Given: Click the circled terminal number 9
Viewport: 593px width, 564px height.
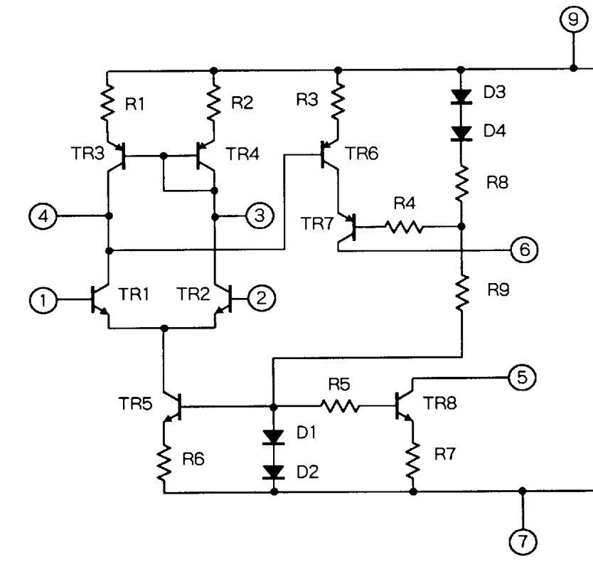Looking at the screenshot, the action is [573, 20].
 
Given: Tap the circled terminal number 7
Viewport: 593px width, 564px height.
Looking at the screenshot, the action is [523, 541].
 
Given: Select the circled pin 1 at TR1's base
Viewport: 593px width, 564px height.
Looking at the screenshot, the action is [43, 300].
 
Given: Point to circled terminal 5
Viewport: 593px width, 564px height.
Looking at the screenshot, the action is [522, 378].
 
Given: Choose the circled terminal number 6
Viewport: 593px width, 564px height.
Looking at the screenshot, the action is [525, 250].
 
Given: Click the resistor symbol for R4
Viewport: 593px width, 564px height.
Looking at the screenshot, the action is [404, 227].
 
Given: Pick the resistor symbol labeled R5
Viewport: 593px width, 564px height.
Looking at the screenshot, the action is [340, 407].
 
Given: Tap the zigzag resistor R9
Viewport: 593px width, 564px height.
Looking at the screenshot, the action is [461, 294].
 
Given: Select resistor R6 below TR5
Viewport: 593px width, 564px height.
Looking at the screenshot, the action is [164, 464].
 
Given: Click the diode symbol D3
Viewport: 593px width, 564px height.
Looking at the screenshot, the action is [461, 97].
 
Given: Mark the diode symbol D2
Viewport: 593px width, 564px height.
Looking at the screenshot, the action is [274, 472].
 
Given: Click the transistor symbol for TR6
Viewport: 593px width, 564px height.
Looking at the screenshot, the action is [330, 154].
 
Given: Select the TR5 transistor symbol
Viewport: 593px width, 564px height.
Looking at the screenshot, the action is [173, 407].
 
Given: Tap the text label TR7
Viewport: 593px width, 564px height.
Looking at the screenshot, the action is [317, 223].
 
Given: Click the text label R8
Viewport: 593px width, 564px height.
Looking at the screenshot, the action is [497, 183].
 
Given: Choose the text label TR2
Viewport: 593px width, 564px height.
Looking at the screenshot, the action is [193, 294].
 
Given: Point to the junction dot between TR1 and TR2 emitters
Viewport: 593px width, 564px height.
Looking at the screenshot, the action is [164, 328].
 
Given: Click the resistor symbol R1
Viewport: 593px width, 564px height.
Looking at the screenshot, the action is [107, 103].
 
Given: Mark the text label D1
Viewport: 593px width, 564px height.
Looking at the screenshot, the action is [306, 432].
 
